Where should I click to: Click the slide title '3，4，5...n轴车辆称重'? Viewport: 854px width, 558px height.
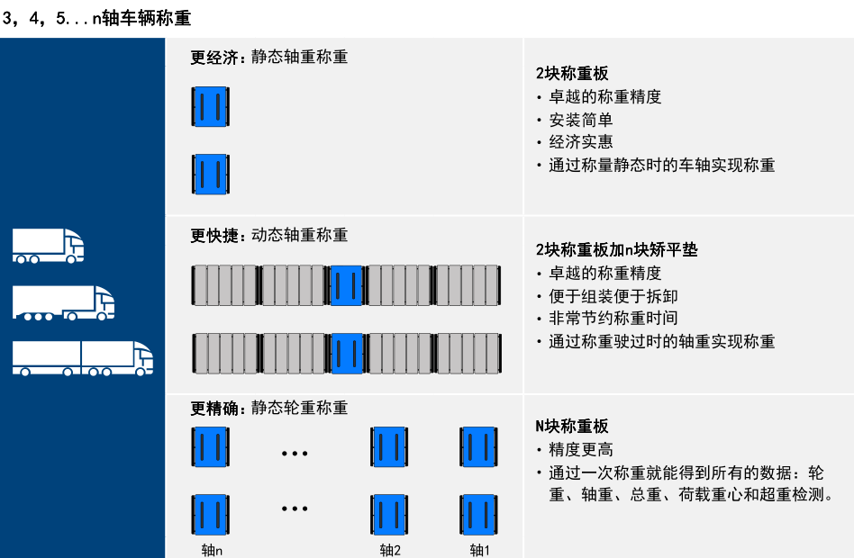coord(96,18)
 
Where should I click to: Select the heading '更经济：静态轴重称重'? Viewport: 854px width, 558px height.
coord(268,57)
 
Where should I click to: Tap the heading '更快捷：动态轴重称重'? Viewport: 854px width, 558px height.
coord(268,235)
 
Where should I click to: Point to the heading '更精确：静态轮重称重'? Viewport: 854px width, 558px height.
coord(268,407)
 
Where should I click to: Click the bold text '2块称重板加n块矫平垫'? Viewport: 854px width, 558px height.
coord(616,249)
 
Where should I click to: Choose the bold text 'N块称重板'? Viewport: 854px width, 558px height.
coord(572,426)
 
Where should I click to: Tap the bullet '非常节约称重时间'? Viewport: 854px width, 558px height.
coord(613,319)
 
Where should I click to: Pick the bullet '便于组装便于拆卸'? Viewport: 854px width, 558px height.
coord(613,296)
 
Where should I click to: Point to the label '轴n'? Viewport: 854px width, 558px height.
coord(212,549)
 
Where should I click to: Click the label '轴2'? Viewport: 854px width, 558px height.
coord(390,549)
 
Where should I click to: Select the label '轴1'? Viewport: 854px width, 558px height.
coord(479,549)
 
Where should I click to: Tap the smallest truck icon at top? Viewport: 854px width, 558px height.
coord(48,245)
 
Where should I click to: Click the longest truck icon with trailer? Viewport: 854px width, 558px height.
coord(82,357)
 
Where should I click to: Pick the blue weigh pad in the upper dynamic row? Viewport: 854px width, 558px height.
coord(347,285)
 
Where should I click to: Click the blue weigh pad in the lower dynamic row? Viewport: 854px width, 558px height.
coord(347,353)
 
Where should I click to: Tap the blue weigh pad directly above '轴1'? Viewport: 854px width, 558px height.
coord(478,515)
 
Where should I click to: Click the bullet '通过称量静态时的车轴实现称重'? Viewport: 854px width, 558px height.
coord(661,165)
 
